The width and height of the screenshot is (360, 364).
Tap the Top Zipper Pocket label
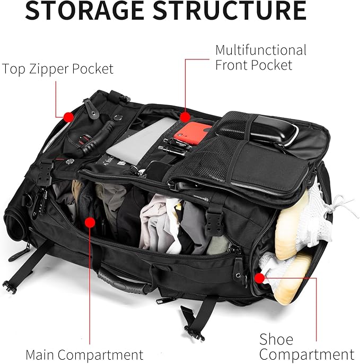(57, 69)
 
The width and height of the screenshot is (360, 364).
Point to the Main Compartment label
(84, 354)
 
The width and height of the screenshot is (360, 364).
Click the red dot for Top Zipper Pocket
(68, 116)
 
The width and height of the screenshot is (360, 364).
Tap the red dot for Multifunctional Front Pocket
(185, 116)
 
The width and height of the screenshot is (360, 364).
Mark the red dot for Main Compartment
(90, 222)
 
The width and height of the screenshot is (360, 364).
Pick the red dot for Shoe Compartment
(259, 278)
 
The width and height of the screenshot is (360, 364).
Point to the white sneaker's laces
(331, 204)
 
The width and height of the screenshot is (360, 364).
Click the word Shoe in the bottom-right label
(276, 339)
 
